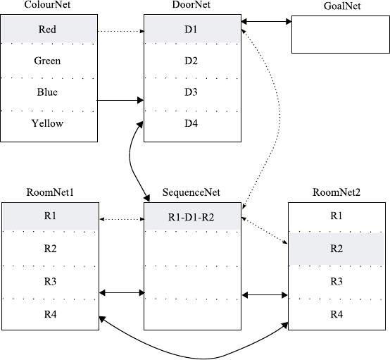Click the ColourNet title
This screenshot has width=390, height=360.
(x=47, y=4)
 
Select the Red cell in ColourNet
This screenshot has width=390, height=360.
(x=47, y=30)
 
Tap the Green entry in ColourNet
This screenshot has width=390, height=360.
(x=47, y=61)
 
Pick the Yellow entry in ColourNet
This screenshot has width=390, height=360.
(x=47, y=123)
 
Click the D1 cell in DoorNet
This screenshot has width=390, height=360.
(x=191, y=30)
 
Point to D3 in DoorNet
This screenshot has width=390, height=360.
(x=191, y=92)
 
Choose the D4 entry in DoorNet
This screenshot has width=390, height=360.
(x=191, y=123)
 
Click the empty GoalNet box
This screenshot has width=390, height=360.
(x=341, y=35)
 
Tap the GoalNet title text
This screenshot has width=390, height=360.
(x=342, y=6)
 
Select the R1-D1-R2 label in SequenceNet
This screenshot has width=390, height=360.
(x=191, y=218)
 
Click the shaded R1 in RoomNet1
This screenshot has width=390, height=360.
(x=50, y=216)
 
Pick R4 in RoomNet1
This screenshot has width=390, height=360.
(x=50, y=314)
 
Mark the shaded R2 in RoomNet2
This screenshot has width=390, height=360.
(x=336, y=249)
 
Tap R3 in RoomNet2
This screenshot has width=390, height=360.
(x=336, y=281)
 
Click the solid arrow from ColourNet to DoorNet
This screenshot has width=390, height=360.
(x=120, y=100)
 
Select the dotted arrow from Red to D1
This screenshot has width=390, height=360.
(x=121, y=31)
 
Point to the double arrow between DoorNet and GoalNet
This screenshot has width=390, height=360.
(x=266, y=22)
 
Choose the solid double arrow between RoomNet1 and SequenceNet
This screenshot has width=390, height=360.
(x=122, y=293)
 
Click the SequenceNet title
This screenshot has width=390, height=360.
(x=191, y=192)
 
